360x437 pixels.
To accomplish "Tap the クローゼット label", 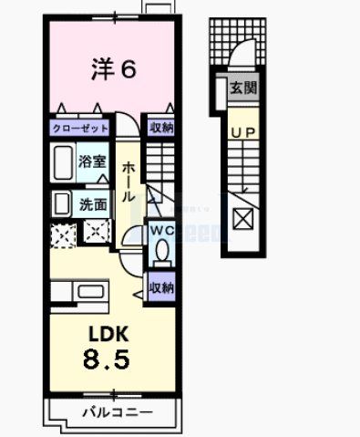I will tap(81, 129).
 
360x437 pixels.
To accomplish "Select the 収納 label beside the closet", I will tap(162, 129).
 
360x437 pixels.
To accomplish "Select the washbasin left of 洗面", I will tap(62, 203).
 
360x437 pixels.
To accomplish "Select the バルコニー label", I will tap(113, 412).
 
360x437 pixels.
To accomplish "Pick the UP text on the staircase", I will tap(241, 133).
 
